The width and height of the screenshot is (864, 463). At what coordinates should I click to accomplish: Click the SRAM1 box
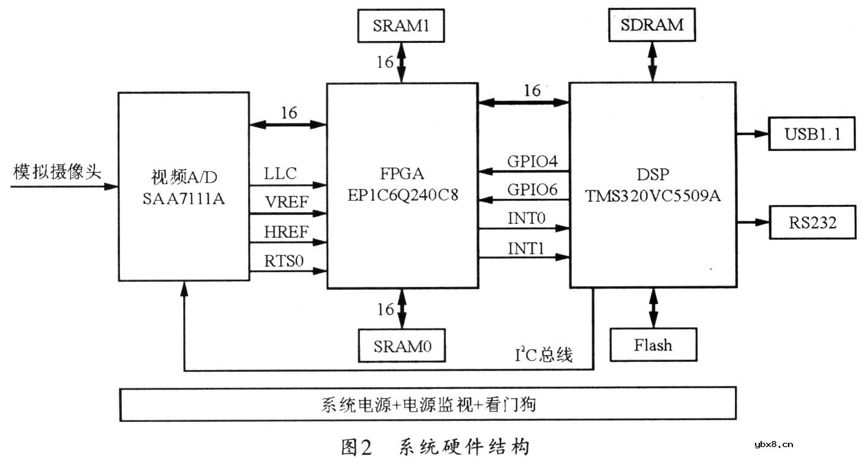click(x=401, y=26)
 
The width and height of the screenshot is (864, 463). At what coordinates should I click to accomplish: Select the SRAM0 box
click(x=402, y=346)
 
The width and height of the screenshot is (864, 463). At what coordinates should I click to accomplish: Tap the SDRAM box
click(x=652, y=26)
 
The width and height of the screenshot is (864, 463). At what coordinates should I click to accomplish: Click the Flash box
click(x=653, y=345)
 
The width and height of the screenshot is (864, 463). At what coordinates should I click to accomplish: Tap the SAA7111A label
click(x=184, y=197)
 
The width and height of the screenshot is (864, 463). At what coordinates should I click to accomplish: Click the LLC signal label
click(x=280, y=174)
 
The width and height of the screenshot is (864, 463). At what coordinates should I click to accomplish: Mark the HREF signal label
click(x=285, y=231)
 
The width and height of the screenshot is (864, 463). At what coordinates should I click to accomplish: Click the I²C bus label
click(x=544, y=355)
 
